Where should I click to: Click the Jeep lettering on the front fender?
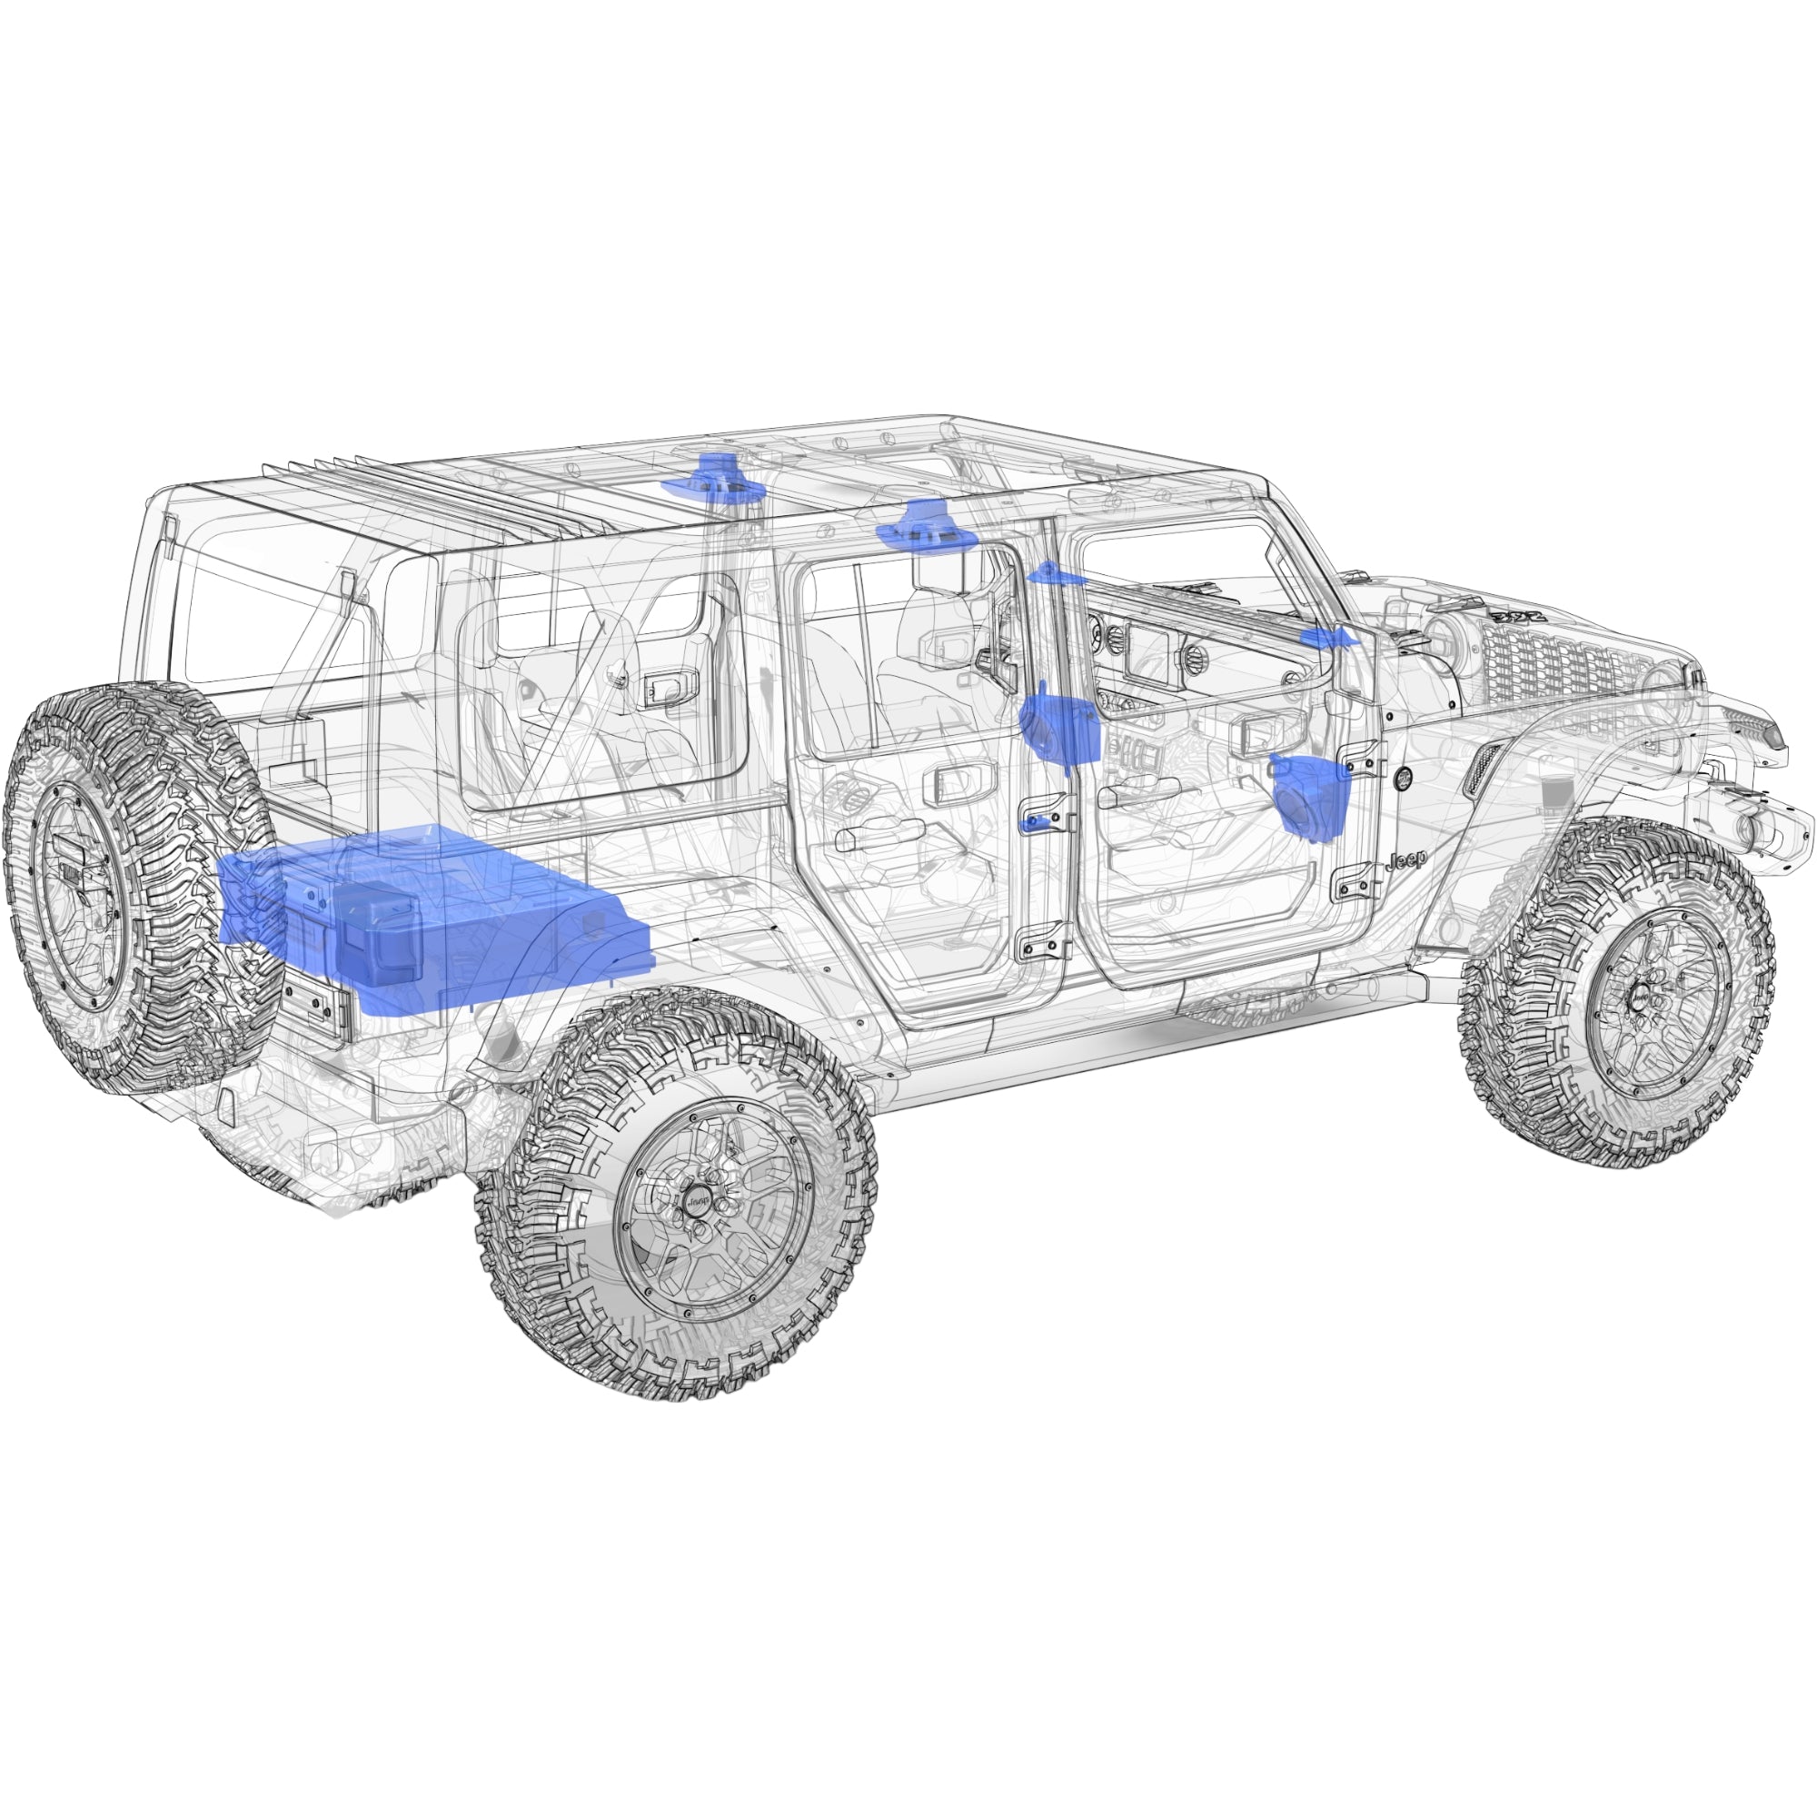[1405, 859]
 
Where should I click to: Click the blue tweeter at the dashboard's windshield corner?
[1328, 639]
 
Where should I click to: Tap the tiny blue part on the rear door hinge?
[1035, 824]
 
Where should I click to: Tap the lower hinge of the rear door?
[1044, 940]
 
